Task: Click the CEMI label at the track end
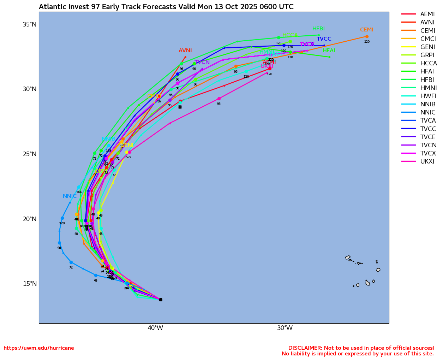(366, 30)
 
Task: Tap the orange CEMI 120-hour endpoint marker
(367, 37)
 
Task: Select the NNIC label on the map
(70, 196)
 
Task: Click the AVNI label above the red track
(185, 51)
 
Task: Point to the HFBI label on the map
(318, 29)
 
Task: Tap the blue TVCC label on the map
(324, 39)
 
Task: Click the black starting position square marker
(161, 300)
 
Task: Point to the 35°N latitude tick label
(30, 24)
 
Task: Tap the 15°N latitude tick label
(30, 284)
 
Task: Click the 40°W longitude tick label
(155, 328)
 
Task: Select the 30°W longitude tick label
(285, 328)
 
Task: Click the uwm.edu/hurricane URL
(39, 348)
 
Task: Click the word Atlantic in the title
(51, 7)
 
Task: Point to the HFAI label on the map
(329, 51)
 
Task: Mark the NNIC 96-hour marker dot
(59, 243)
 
